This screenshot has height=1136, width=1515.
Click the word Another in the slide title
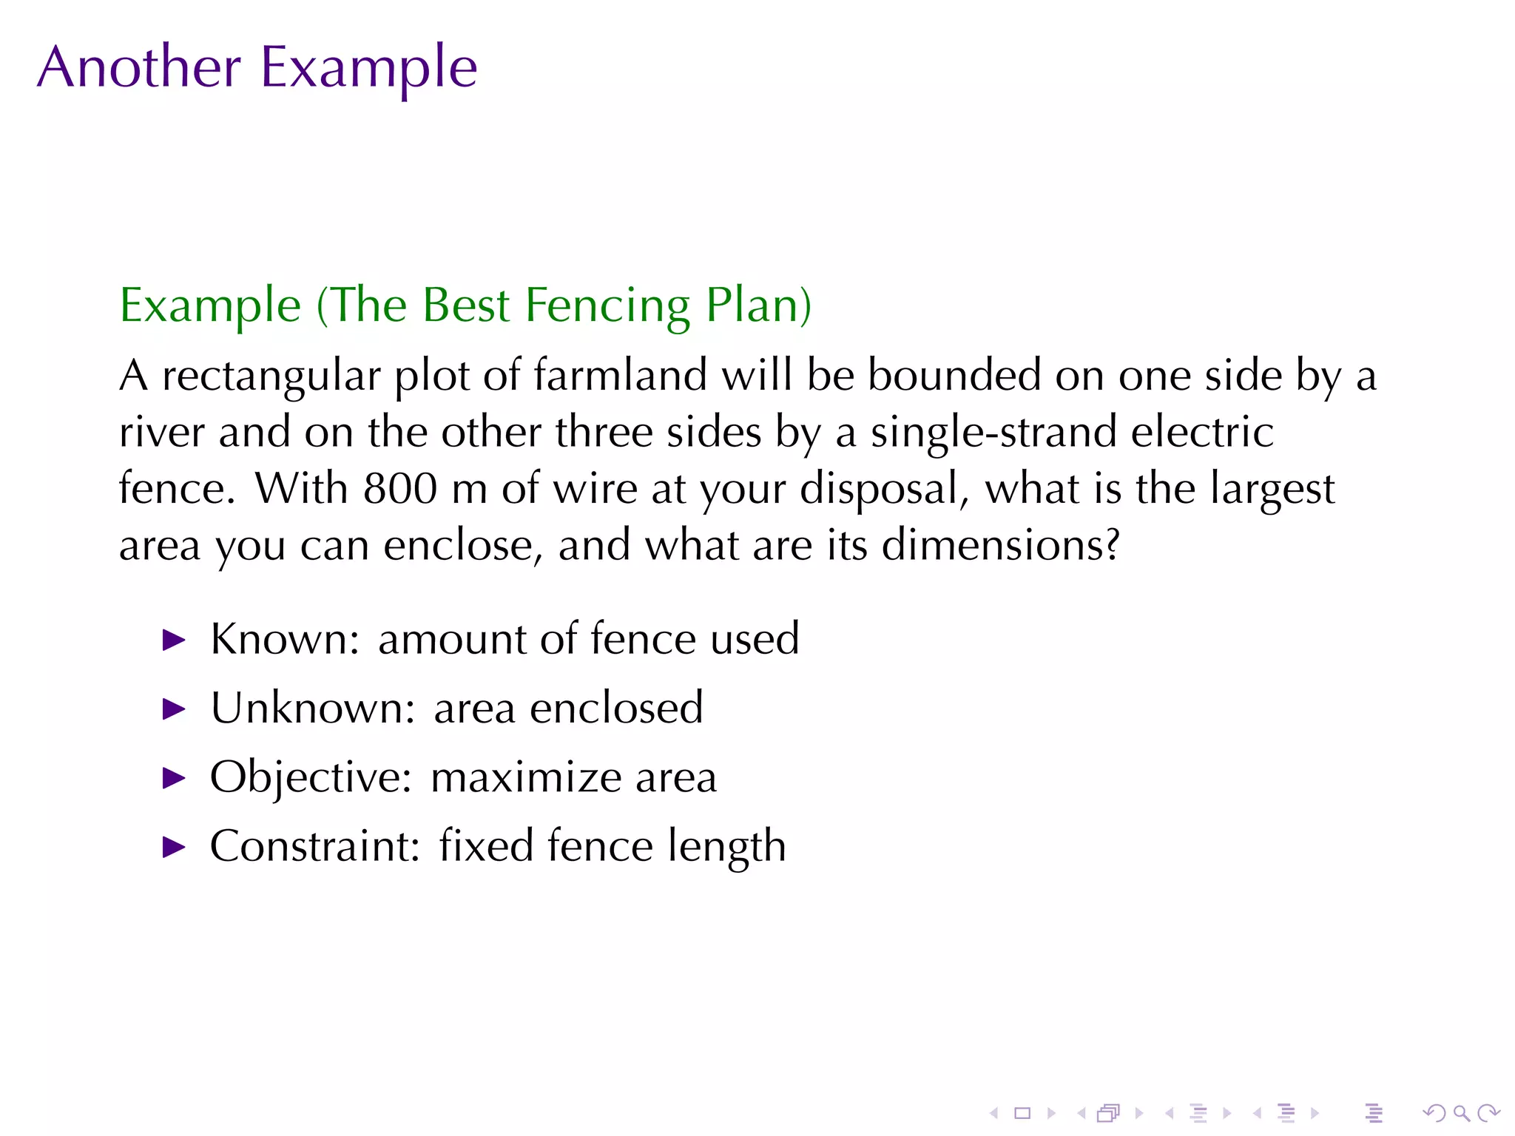click(139, 67)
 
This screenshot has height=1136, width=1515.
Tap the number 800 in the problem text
click(399, 489)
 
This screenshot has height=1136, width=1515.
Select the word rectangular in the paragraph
click(271, 376)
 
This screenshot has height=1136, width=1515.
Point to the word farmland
click(620, 375)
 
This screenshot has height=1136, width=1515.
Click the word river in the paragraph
click(162, 432)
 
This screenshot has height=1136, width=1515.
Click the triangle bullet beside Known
click(174, 640)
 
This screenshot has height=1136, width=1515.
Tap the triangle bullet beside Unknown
click(174, 709)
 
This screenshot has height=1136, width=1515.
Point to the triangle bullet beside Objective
click(174, 778)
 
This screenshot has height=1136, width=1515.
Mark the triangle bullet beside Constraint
click(174, 847)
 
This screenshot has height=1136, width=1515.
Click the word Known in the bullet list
click(284, 638)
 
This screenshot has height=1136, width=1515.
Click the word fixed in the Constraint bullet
click(486, 845)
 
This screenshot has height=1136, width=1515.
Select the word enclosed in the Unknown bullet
click(616, 708)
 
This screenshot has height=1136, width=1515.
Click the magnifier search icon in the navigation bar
click(1460, 1113)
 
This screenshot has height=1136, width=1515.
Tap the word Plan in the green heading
click(757, 305)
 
